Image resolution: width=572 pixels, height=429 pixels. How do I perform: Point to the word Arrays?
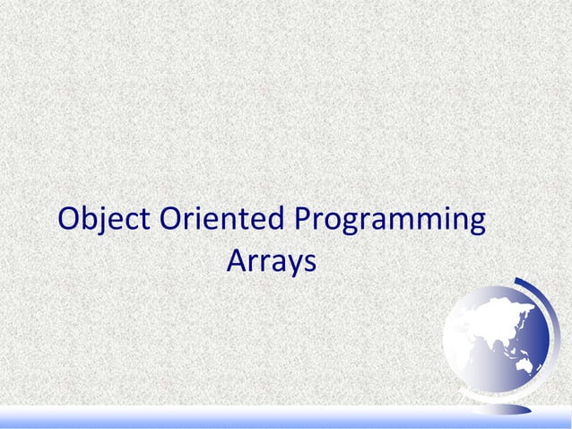271,262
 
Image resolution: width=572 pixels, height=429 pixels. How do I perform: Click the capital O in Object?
70,220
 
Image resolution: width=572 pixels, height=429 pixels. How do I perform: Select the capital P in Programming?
302,220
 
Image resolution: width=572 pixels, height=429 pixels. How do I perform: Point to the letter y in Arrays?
293,266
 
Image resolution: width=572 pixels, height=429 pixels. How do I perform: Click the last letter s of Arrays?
309,263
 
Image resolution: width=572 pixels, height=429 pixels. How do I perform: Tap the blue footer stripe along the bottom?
286,420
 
